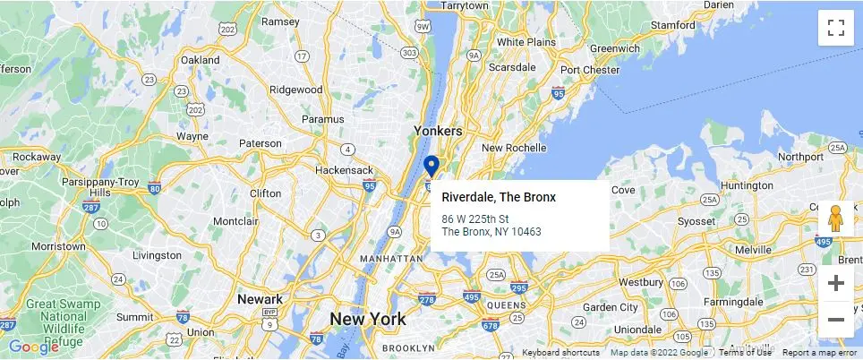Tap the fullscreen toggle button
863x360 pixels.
(x=836, y=27)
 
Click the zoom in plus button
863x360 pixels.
(x=836, y=284)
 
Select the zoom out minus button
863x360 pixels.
(x=836, y=320)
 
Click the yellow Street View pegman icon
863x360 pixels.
(x=836, y=219)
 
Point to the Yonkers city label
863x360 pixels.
(x=438, y=131)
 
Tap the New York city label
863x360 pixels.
(x=367, y=319)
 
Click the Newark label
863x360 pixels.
(x=260, y=299)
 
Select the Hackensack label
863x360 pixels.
(x=344, y=169)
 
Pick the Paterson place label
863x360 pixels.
(x=260, y=143)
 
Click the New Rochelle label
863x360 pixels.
(x=514, y=148)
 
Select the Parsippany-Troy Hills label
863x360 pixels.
(x=112, y=184)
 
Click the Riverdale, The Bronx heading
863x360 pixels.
(x=499, y=197)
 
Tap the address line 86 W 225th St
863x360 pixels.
(x=475, y=219)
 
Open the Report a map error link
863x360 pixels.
(x=820, y=353)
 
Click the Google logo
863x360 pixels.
(x=34, y=347)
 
